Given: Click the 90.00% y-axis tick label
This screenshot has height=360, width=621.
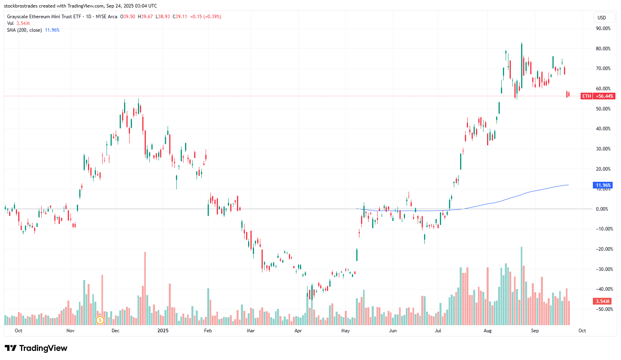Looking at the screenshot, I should pyautogui.click(x=603, y=29).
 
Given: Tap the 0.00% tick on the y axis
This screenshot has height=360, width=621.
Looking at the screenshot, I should pyautogui.click(x=602, y=209).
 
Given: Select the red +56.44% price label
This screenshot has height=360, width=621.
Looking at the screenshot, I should pyautogui.click(x=604, y=96).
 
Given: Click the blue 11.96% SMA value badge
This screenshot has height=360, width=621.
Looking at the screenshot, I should pyautogui.click(x=603, y=185).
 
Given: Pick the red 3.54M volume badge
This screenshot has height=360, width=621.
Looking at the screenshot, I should pyautogui.click(x=603, y=301).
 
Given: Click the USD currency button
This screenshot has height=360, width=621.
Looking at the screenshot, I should pyautogui.click(x=602, y=17).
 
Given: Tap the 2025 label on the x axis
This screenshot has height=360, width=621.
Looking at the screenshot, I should pyautogui.click(x=163, y=331).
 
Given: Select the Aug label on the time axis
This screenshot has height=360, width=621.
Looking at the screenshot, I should pyautogui.click(x=487, y=331).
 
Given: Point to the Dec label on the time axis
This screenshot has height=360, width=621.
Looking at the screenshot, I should pyautogui.click(x=115, y=331).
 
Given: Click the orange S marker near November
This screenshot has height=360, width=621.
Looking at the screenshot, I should pyautogui.click(x=100, y=320).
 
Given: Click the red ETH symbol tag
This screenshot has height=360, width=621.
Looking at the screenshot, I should pyautogui.click(x=587, y=96).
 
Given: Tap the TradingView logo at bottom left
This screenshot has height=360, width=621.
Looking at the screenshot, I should pyautogui.click(x=36, y=348).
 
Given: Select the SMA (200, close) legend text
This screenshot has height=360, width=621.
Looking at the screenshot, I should pyautogui.click(x=24, y=30).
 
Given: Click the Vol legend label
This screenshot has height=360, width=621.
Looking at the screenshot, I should pyautogui.click(x=10, y=23).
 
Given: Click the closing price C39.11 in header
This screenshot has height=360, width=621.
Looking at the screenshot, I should pyautogui.click(x=180, y=17).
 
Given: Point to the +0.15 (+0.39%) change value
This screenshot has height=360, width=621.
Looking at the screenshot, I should pyautogui.click(x=205, y=17).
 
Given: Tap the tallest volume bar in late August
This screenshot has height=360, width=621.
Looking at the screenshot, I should pyautogui.click(x=521, y=285).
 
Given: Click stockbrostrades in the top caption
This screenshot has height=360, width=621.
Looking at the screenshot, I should pyautogui.click(x=21, y=6).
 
